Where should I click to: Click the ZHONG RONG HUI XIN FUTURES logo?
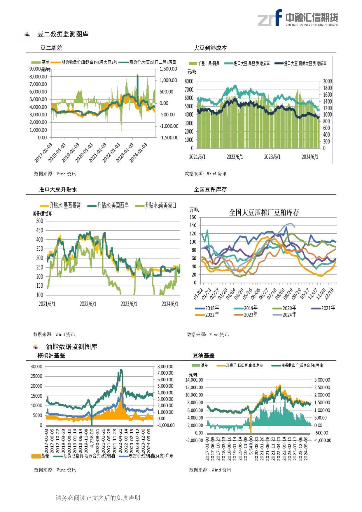(x=298, y=18)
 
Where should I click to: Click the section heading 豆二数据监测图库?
(x=63, y=34)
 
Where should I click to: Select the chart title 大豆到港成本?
(x=210, y=48)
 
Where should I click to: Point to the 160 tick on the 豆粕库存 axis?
(x=193, y=217)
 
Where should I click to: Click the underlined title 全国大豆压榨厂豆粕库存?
(x=264, y=212)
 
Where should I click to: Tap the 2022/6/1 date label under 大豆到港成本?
(x=235, y=157)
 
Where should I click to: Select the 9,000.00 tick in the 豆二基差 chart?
(x=38, y=69)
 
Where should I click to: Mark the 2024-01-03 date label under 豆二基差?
(x=138, y=153)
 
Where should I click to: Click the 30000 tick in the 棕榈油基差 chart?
(x=36, y=366)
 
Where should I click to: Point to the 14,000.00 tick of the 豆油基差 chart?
(x=194, y=380)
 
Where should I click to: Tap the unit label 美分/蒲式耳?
(x=42, y=214)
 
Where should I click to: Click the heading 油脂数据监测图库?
(x=71, y=347)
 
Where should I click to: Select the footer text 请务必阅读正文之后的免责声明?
(x=98, y=498)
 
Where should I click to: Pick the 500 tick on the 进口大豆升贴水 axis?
(x=40, y=221)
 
